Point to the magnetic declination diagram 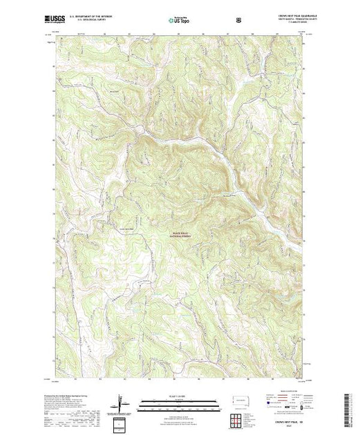pos(122,402)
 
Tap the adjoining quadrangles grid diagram pos(236,417)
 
